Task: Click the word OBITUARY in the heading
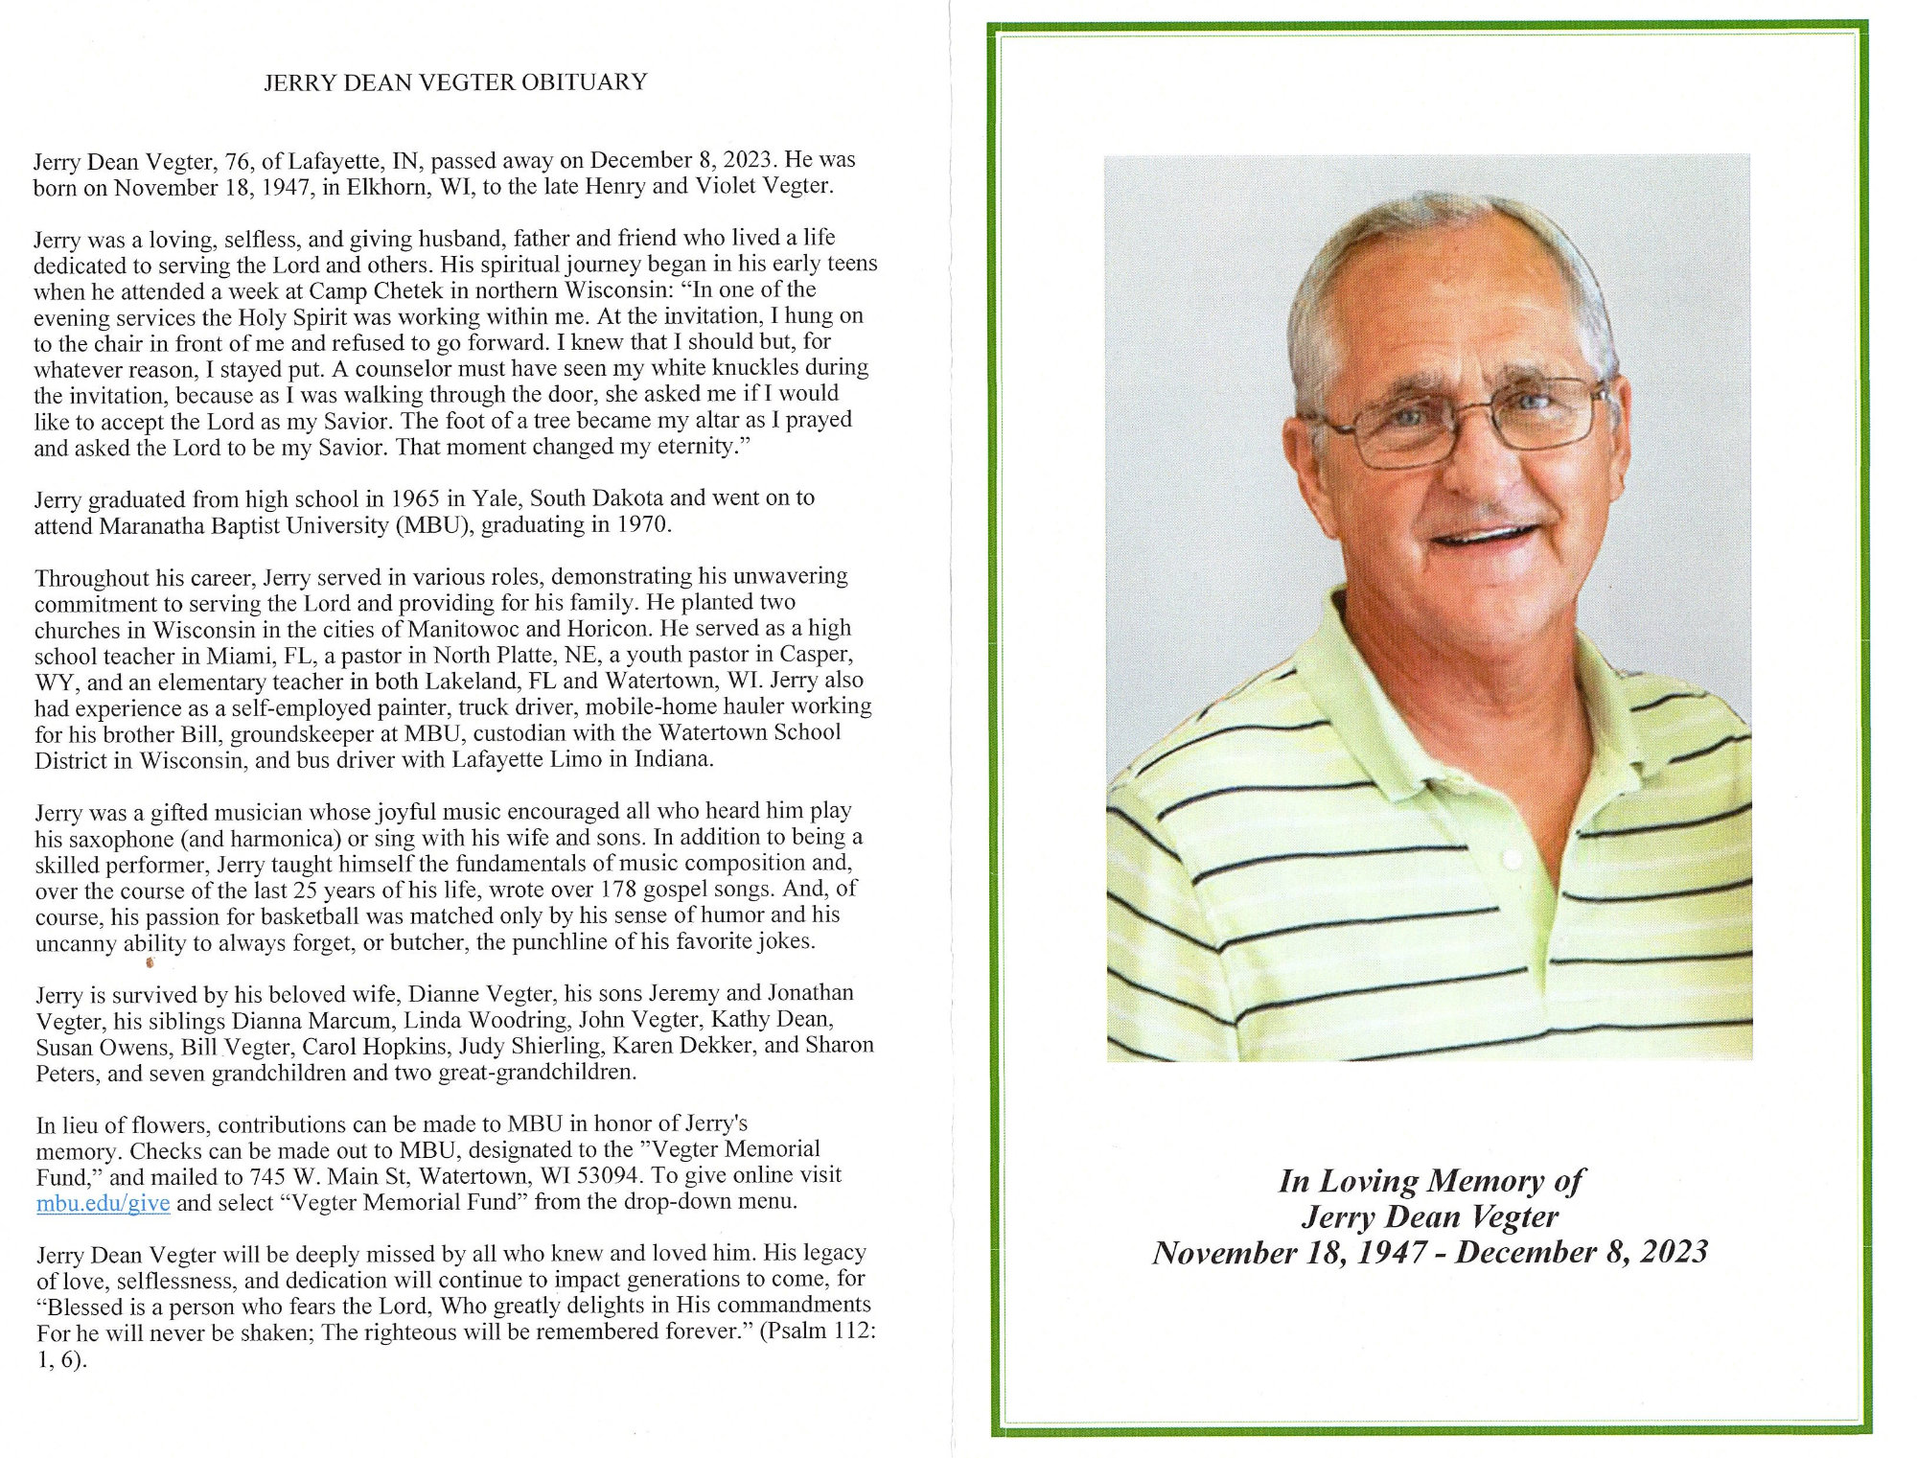click(584, 82)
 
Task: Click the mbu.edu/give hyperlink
click(103, 1203)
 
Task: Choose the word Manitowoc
click(464, 629)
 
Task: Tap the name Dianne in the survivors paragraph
click(447, 994)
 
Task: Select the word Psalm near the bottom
click(796, 1331)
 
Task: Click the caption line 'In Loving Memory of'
click(1430, 1181)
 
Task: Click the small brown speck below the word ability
click(150, 962)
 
